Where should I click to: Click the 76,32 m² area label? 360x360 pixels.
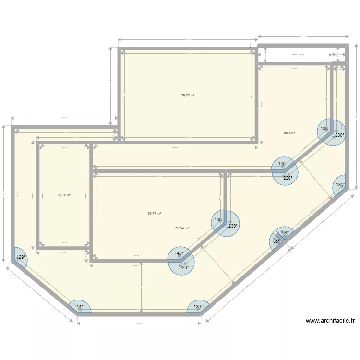tap(188, 96)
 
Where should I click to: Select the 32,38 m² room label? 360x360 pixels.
tap(64, 195)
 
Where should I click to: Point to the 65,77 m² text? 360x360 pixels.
tap(154, 214)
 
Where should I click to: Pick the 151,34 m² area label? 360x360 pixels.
tap(181, 228)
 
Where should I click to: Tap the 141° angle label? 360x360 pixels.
tap(81, 307)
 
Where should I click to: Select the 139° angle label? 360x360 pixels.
tap(198, 306)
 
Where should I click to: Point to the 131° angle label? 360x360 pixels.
tap(340, 185)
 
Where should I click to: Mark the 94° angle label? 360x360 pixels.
tap(285, 233)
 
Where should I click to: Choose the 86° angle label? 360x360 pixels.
tap(276, 241)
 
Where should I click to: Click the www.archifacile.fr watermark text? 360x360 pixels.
tap(330, 321)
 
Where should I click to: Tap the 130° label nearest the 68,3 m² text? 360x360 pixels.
tap(325, 129)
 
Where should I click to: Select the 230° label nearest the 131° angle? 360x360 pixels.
tap(339, 135)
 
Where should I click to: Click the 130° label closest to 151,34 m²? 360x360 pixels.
tap(218, 220)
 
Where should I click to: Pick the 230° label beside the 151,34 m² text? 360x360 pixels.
tap(233, 226)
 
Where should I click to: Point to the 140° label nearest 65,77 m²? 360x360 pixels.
tap(179, 253)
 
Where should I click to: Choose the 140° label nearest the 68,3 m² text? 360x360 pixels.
tap(283, 164)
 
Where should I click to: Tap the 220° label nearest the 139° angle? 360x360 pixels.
tap(184, 268)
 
